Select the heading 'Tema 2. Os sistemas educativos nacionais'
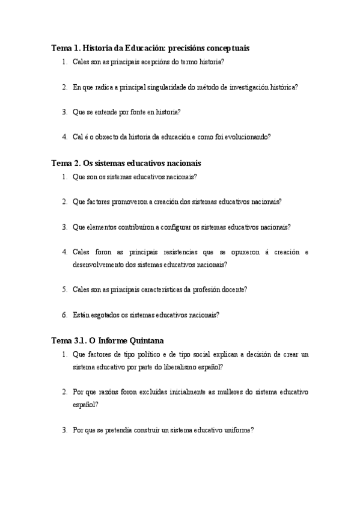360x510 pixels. click(x=126, y=163)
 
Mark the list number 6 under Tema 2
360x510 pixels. click(x=64, y=315)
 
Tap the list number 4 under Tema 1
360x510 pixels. click(x=64, y=137)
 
